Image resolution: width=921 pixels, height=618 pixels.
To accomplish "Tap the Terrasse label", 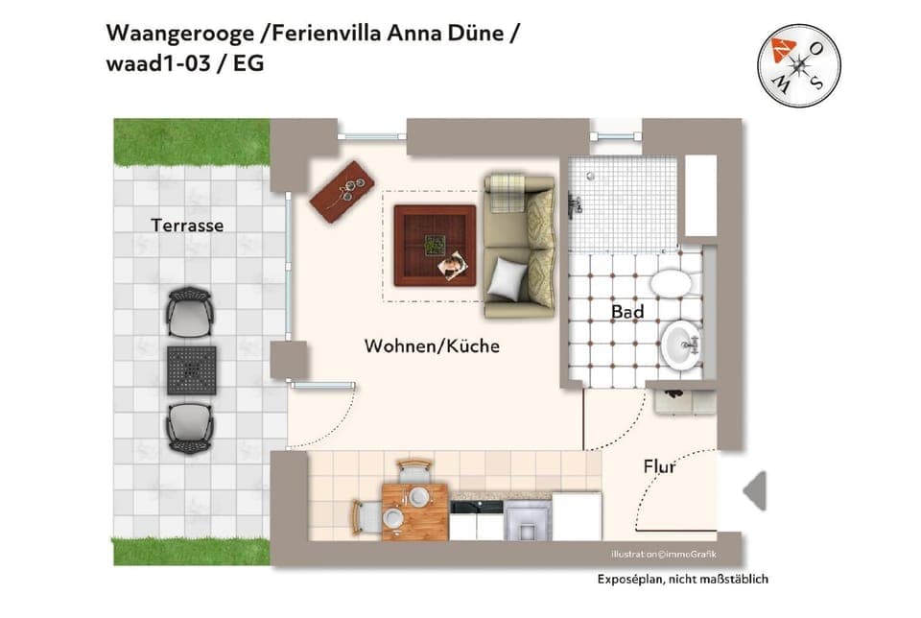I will (187, 226).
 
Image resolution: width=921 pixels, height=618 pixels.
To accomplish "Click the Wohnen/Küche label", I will (432, 346).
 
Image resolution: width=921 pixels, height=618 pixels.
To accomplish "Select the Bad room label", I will (627, 312).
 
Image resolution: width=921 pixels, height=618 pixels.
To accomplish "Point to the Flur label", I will (659, 467).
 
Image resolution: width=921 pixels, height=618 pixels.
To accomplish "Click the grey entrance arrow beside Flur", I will (755, 491).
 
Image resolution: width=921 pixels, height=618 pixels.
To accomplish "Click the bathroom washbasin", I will (681, 343).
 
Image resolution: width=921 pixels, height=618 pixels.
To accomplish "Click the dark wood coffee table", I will (435, 245).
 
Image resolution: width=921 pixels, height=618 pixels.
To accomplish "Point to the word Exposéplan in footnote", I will (629, 580).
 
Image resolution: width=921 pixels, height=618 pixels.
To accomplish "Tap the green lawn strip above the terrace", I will (192, 141).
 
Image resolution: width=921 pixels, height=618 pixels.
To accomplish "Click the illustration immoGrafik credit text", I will (663, 555).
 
